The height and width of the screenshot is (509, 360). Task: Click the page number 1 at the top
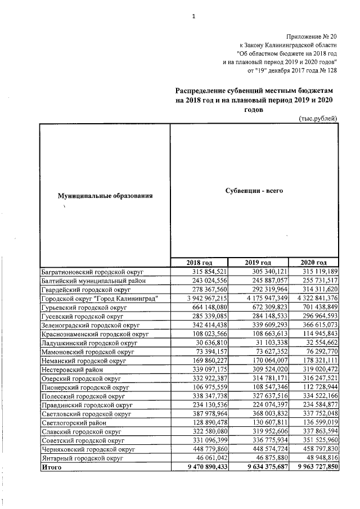coord(193,16)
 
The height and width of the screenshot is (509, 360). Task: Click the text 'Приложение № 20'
coord(310,35)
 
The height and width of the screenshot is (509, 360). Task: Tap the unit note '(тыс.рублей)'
coord(318,118)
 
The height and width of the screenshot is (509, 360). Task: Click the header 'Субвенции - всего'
coord(254,191)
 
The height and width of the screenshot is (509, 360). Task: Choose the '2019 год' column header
coord(258,263)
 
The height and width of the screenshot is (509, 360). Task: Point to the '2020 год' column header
coord(313,263)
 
